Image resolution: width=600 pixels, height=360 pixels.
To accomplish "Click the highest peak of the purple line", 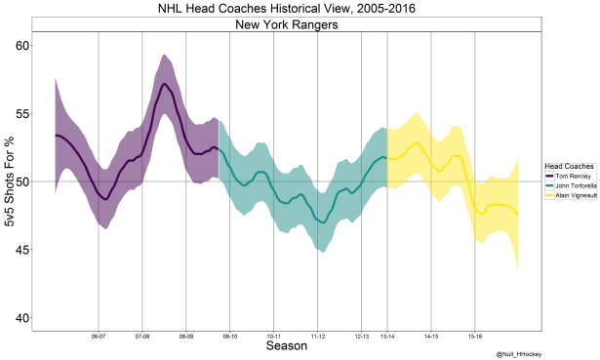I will pyautogui.click(x=165, y=85).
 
